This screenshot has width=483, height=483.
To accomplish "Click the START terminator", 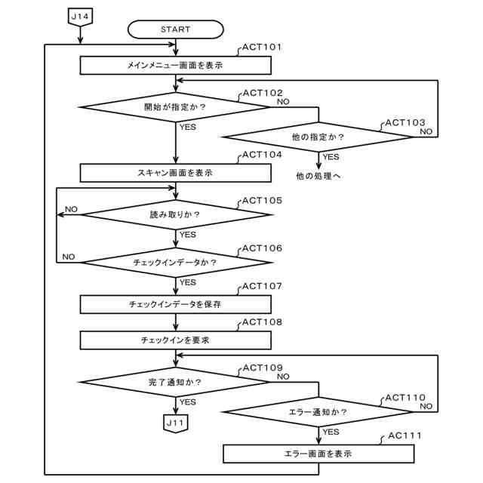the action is [175, 29].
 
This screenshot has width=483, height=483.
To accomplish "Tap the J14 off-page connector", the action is [80, 17].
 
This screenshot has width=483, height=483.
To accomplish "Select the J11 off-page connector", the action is [175, 423].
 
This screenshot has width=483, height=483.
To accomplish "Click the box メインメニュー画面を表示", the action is [176, 66].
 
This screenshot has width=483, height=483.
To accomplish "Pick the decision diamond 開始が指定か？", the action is [174, 107].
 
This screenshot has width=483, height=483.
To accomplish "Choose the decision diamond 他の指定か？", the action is [318, 137].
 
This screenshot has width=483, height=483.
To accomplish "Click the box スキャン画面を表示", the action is [176, 173].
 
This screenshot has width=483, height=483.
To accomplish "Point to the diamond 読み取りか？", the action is [176, 214].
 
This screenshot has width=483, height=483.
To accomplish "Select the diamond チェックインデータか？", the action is [176, 263].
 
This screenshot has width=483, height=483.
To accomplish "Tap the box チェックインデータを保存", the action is [176, 304].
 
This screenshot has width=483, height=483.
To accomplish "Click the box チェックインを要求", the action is [176, 340].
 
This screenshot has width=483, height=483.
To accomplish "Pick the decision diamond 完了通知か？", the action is [174, 383].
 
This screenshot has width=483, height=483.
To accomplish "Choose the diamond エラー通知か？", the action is [318, 412].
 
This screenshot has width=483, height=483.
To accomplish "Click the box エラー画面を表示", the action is [318, 454].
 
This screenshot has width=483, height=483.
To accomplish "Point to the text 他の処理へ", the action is [318, 176].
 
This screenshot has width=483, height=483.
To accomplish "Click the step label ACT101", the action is [262, 47].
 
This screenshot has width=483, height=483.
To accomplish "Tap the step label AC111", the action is [405, 435].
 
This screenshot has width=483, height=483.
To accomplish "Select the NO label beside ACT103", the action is [426, 131].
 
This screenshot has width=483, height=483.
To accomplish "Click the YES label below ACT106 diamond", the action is [188, 282].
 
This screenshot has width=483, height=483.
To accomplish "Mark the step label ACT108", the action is [262, 322].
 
